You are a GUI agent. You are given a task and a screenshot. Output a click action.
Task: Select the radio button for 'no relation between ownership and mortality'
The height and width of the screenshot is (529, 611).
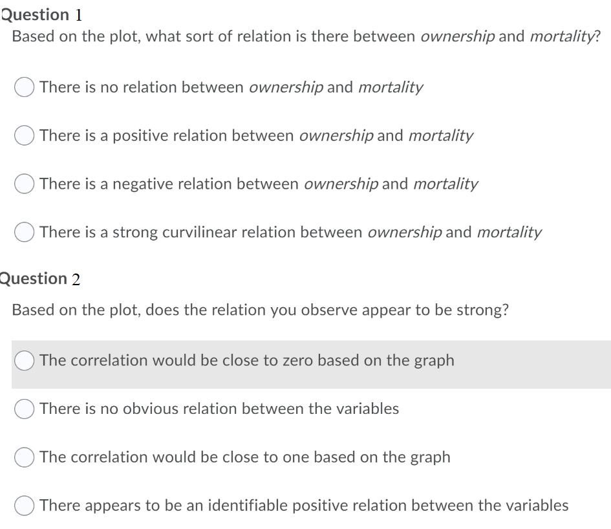coord(24,87)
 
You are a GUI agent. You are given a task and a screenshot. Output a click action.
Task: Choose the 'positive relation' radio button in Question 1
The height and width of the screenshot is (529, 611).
coord(24,135)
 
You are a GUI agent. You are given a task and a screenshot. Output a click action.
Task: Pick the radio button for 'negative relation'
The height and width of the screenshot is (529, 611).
coord(24,184)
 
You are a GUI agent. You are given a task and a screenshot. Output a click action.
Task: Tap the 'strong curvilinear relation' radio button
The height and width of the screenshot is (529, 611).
coord(24,232)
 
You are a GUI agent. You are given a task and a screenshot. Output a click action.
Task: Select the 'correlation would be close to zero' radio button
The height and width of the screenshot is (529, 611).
coord(24,360)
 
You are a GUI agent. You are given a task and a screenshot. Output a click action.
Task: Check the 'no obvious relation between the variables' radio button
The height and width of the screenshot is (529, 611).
coord(24,409)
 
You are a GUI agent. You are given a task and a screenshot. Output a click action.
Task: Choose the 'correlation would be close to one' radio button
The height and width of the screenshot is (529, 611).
coord(24,457)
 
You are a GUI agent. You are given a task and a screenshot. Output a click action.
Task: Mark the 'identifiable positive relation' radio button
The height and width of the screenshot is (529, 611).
coord(24,505)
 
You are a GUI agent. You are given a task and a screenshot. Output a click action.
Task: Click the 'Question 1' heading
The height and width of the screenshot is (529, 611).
coord(41,16)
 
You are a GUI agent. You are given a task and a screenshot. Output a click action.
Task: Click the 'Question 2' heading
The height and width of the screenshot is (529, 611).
coord(40,279)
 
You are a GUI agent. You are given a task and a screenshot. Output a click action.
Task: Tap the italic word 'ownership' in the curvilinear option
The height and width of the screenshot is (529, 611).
coord(405,233)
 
